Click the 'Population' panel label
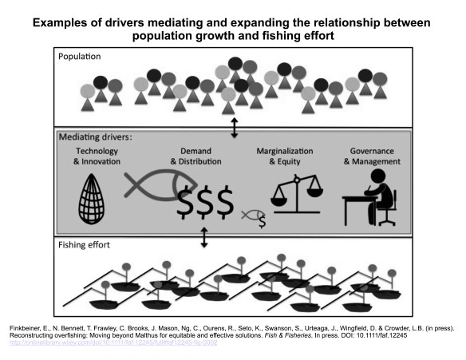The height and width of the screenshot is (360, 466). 85,57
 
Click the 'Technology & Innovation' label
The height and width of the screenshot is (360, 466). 98,156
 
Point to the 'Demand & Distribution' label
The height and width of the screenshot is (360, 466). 197,156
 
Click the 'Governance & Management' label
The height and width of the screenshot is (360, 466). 373,156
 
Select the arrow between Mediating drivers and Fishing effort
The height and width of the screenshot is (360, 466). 204,237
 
